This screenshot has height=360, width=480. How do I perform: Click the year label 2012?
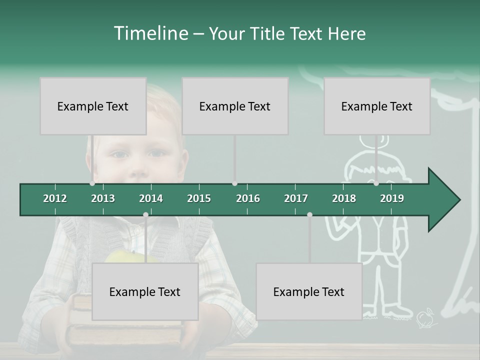pyautogui.click(x=55, y=198)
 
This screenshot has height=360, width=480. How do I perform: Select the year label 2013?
pyautogui.click(x=103, y=198)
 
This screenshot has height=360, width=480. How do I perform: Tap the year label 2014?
pyautogui.click(x=151, y=198)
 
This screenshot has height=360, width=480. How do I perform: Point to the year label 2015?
pyautogui.click(x=199, y=198)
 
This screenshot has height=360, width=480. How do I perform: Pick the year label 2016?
pyautogui.click(x=248, y=198)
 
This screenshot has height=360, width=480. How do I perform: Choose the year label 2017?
pyautogui.click(x=296, y=198)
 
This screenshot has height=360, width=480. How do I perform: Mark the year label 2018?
pyautogui.click(x=344, y=198)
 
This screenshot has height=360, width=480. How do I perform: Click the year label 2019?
pyautogui.click(x=392, y=198)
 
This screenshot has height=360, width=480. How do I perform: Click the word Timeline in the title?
pyautogui.click(x=150, y=33)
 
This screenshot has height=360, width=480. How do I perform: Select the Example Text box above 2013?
pyautogui.click(x=93, y=106)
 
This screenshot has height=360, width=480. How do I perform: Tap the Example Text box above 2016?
pyautogui.click(x=235, y=106)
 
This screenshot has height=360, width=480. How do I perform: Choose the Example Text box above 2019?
pyautogui.click(x=377, y=106)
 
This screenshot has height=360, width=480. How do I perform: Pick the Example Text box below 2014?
pyautogui.click(x=145, y=291)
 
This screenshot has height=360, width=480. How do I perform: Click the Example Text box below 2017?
pyautogui.click(x=309, y=291)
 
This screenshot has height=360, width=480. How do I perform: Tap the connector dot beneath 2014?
pyautogui.click(x=145, y=214)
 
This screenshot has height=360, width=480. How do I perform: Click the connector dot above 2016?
pyautogui.click(x=235, y=183)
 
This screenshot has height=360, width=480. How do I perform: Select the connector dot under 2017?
pyautogui.click(x=309, y=214)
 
